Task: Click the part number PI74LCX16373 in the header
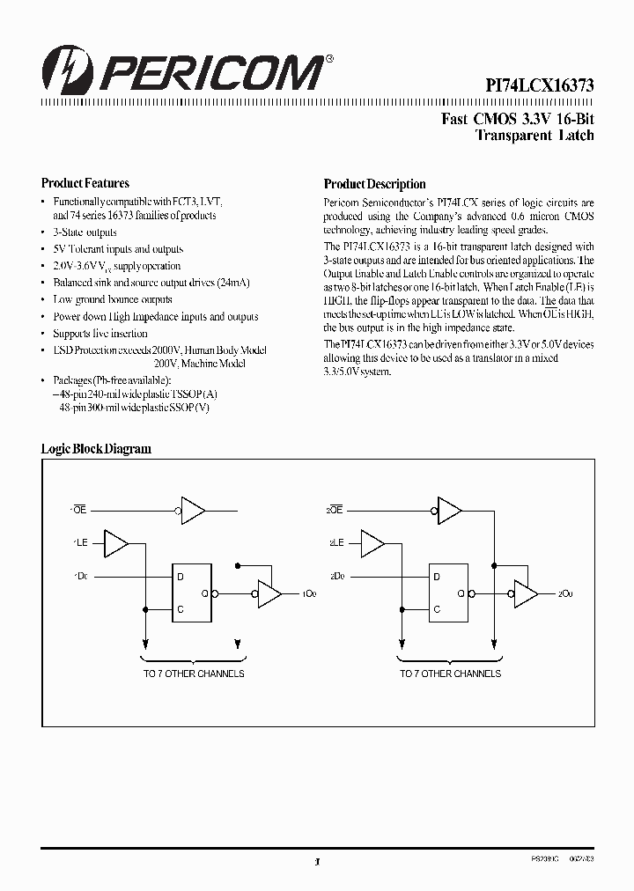pos(541,85)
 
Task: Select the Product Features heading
pos(85,184)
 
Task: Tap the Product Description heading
pos(374,185)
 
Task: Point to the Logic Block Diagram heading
pos(96,449)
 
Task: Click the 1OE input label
pos(77,510)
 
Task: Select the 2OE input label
pos(334,510)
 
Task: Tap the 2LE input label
pos(335,543)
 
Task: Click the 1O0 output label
pos(309,594)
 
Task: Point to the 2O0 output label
pos(565,594)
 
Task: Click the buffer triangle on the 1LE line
pos(116,543)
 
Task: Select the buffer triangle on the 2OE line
pos(449,510)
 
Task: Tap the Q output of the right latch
pos(461,594)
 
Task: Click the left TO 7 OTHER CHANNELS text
pos(194,674)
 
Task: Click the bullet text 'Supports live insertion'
pos(100,334)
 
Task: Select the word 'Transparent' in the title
pos(509,136)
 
